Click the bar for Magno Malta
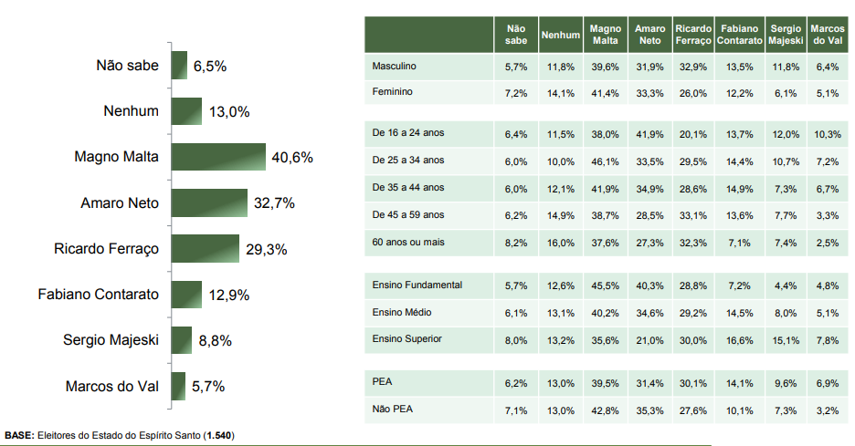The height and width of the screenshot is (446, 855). tap(217, 157)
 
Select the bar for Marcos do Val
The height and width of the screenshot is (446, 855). tap(178, 386)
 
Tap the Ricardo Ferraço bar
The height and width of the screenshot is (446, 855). tap(205, 248)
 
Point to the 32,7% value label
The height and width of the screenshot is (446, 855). tap(274, 203)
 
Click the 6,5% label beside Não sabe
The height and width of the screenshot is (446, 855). tap(209, 67)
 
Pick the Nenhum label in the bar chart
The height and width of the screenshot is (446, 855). tap(132, 111)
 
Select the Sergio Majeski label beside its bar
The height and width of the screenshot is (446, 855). tap(111, 340)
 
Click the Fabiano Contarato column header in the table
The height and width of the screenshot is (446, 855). tap(739, 35)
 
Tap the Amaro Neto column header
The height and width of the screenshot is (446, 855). tap(649, 35)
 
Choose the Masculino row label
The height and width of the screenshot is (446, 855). tap(395, 67)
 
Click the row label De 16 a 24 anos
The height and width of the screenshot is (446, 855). tap(408, 133)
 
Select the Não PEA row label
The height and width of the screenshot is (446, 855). tap(392, 410)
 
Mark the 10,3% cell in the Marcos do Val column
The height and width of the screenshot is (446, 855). tap(828, 134)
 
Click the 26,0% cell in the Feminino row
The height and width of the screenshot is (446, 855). tap(694, 93)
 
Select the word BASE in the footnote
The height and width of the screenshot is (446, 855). tap(19, 436)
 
